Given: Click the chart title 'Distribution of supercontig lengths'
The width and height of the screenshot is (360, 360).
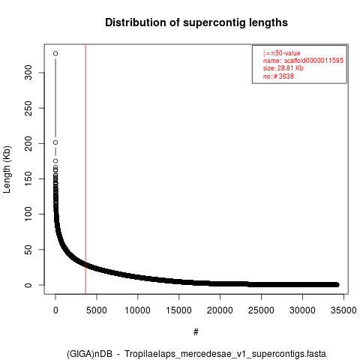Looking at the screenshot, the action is [196, 22].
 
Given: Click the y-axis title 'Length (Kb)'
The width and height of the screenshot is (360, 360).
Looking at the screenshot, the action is [7, 169].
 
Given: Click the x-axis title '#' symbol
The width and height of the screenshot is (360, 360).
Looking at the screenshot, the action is [196, 332].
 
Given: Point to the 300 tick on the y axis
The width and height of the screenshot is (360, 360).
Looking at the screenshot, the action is [28, 73].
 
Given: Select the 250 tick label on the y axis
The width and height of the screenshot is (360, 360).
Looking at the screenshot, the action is [28, 108].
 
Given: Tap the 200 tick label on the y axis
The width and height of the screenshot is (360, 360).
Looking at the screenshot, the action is [28, 143].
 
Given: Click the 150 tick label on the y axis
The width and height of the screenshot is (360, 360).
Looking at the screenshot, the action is [28, 178].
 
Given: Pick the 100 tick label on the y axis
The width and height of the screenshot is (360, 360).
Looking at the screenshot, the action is [28, 214].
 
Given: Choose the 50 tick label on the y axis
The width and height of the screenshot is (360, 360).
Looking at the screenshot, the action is [28, 250].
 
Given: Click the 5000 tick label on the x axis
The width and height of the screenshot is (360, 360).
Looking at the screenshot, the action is [97, 310].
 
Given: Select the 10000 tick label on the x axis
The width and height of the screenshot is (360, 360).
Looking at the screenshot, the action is [138, 310].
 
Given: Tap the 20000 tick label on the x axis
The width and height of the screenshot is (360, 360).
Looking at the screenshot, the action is [220, 310].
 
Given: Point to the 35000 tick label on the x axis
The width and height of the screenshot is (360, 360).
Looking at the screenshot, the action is [343, 310].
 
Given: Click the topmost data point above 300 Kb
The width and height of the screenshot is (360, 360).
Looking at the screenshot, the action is [55, 53].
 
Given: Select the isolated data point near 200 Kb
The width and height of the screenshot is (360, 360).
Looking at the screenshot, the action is [55, 142].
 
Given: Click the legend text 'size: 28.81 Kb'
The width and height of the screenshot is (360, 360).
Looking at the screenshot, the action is [283, 68].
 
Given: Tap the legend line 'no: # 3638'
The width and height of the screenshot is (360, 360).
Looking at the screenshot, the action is [278, 76].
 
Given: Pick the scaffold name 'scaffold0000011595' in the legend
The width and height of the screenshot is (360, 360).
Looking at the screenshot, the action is [313, 61].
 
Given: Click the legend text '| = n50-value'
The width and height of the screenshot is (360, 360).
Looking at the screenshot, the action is [281, 53].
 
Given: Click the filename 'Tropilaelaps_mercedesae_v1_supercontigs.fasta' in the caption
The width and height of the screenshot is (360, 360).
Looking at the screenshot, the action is [225, 354].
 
